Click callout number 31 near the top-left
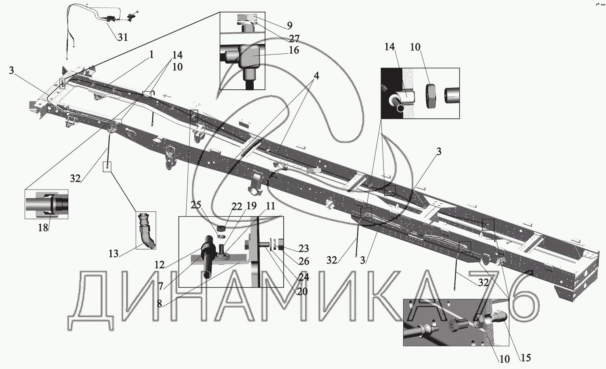123,37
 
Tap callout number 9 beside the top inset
289,25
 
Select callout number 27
294,39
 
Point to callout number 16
294,50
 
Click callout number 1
151,55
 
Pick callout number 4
316,76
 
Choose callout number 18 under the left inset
43,228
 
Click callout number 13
114,253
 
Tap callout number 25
196,205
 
